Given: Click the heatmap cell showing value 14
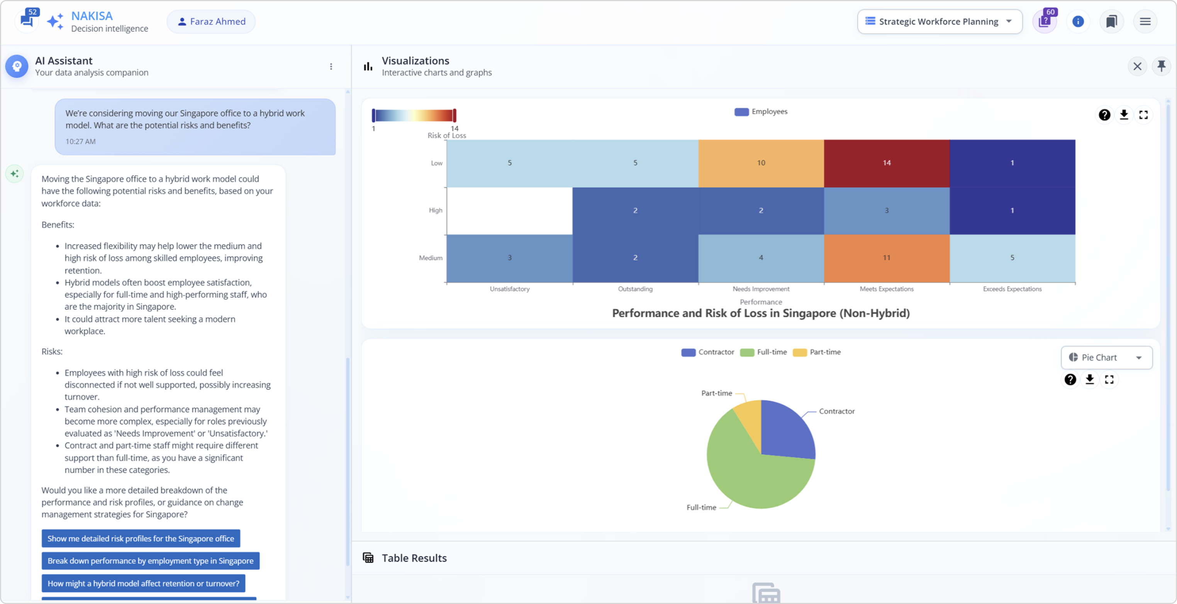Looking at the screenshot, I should (886, 163).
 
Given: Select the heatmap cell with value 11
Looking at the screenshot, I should (886, 258).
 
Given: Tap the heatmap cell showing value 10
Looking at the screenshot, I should (761, 163).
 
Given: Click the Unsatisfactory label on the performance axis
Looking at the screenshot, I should (509, 289).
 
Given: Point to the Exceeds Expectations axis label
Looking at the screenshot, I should (1012, 289).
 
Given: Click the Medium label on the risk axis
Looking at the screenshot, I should (431, 258).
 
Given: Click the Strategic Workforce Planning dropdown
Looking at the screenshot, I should (940, 22).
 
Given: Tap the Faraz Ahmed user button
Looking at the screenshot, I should (211, 22).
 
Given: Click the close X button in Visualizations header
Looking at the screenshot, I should (1137, 67).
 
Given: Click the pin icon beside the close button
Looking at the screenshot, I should (1161, 66).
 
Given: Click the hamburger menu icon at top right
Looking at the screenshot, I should (1145, 22).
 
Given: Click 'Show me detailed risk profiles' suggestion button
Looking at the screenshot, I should (141, 539).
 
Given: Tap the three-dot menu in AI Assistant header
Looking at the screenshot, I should (331, 67).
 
